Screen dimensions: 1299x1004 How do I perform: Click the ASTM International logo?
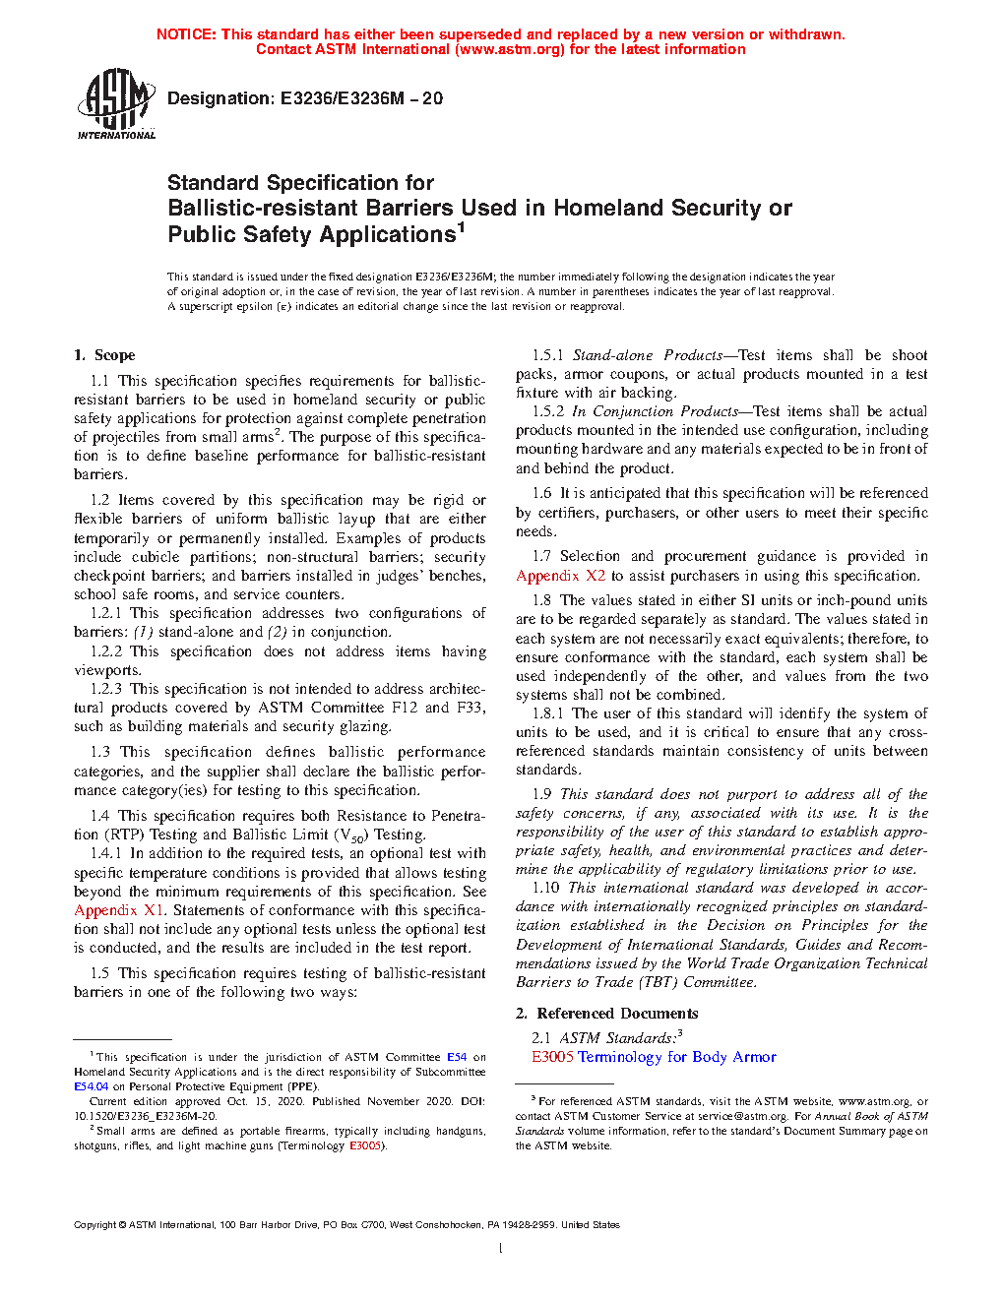pyautogui.click(x=116, y=103)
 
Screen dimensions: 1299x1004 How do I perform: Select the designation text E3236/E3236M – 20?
pyautogui.click(x=361, y=98)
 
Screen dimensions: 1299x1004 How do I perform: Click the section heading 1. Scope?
pyautogui.click(x=104, y=355)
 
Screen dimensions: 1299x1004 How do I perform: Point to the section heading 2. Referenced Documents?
pyautogui.click(x=606, y=1014)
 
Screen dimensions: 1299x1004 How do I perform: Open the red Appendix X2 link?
pyautogui.click(x=561, y=576)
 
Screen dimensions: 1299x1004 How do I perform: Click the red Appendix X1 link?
pyautogui.click(x=119, y=910)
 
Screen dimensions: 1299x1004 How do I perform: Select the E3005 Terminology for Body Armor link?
pyautogui.click(x=654, y=1057)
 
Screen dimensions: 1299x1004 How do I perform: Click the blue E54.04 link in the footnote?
pyautogui.click(x=91, y=1086)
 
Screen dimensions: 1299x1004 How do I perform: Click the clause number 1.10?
pyautogui.click(x=545, y=888)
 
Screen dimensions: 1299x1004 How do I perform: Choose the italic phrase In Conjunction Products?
pyautogui.click(x=655, y=411)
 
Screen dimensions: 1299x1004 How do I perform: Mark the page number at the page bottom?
pyautogui.click(x=501, y=1249)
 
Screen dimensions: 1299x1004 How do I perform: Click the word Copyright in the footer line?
pyautogui.click(x=94, y=1225)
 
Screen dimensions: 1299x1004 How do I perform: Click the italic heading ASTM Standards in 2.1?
pyautogui.click(x=617, y=1038)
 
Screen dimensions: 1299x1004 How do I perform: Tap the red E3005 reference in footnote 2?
pyautogui.click(x=365, y=1145)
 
